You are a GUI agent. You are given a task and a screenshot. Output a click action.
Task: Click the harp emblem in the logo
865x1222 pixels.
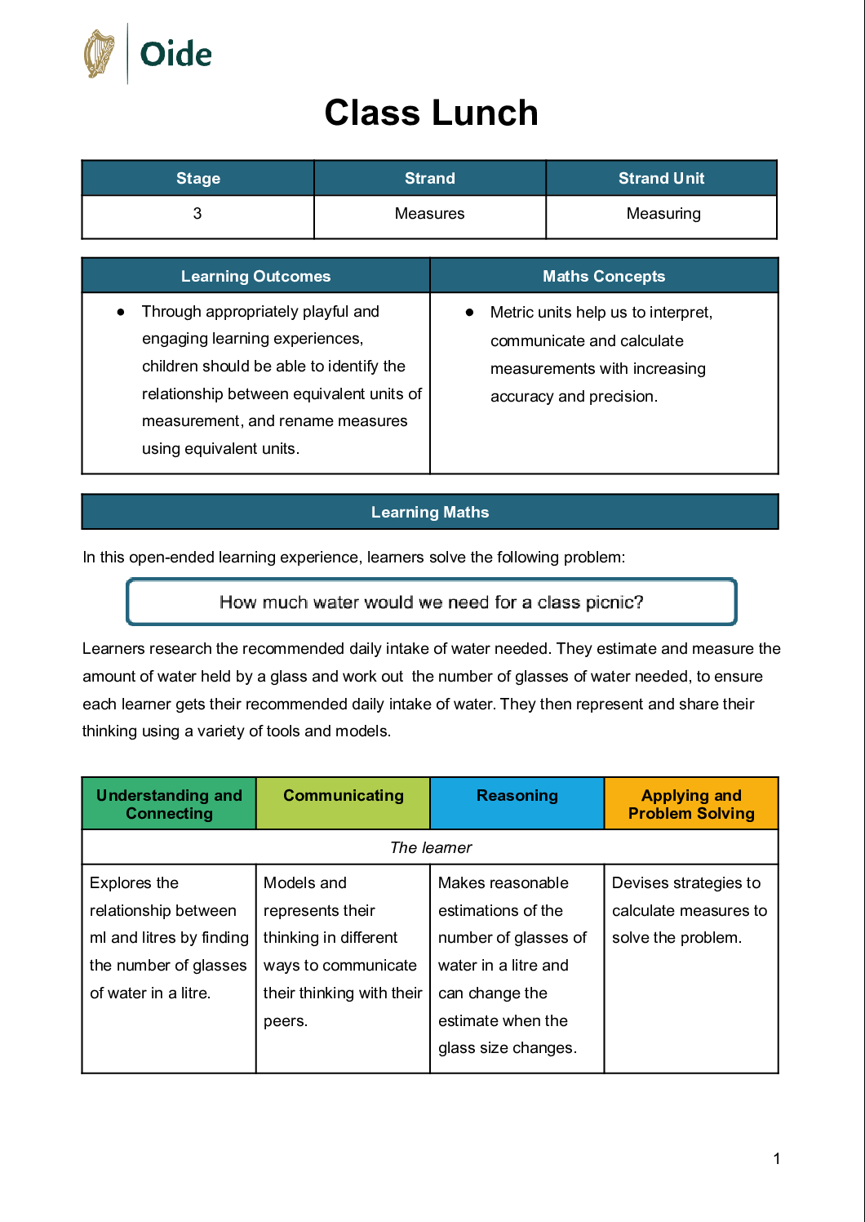(x=100, y=54)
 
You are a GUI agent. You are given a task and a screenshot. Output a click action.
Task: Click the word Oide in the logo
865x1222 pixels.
(x=175, y=55)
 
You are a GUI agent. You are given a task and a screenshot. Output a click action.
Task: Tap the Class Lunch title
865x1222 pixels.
(x=431, y=113)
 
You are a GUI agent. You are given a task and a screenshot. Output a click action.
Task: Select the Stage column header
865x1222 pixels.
(x=198, y=178)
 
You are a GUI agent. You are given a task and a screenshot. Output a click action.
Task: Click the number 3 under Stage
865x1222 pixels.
(x=197, y=214)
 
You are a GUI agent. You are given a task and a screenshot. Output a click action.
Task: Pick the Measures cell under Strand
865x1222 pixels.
(x=429, y=214)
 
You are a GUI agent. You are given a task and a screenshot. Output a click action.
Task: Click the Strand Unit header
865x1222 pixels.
(x=661, y=178)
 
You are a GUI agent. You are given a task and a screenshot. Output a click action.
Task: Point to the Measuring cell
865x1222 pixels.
(x=663, y=214)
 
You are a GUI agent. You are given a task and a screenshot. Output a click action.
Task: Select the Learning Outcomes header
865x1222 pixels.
(x=255, y=276)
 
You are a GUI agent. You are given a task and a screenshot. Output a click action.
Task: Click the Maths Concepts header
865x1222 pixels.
(x=604, y=276)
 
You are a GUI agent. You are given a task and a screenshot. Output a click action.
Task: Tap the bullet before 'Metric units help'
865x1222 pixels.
(x=469, y=313)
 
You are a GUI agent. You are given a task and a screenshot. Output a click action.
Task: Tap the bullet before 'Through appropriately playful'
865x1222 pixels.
(x=121, y=312)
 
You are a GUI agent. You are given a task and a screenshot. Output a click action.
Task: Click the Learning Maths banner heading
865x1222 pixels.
(x=429, y=512)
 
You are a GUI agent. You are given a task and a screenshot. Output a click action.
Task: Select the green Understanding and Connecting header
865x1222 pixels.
(x=169, y=804)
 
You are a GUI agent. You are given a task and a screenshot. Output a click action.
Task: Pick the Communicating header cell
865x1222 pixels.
(x=343, y=796)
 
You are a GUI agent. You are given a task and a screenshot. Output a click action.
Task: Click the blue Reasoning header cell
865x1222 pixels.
(x=517, y=796)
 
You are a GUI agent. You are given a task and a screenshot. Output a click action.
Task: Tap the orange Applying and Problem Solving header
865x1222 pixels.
(x=691, y=804)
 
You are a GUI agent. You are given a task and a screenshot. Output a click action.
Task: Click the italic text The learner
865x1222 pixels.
(x=431, y=847)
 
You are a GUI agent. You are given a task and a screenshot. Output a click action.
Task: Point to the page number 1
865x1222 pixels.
(x=777, y=1158)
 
